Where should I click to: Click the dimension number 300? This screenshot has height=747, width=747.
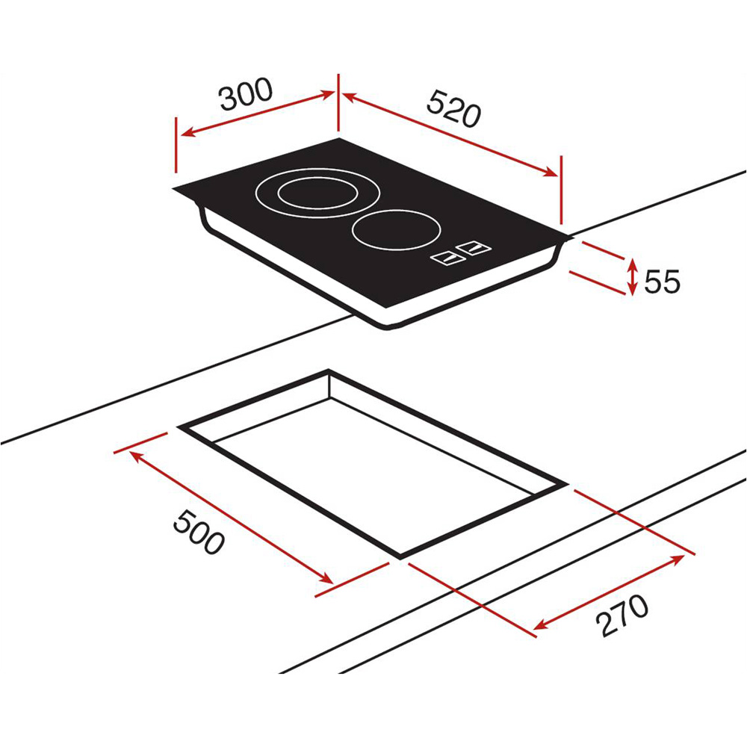(x=247, y=96)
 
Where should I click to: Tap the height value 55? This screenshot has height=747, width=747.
(x=662, y=282)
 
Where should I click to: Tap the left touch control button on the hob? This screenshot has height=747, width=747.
(x=449, y=258)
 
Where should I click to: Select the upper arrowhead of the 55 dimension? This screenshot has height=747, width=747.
(x=633, y=261)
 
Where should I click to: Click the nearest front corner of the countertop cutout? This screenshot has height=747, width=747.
(x=401, y=557)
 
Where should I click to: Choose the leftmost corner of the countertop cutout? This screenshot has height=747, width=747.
(x=179, y=427)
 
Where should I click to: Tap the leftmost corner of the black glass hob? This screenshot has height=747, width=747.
(x=173, y=188)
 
